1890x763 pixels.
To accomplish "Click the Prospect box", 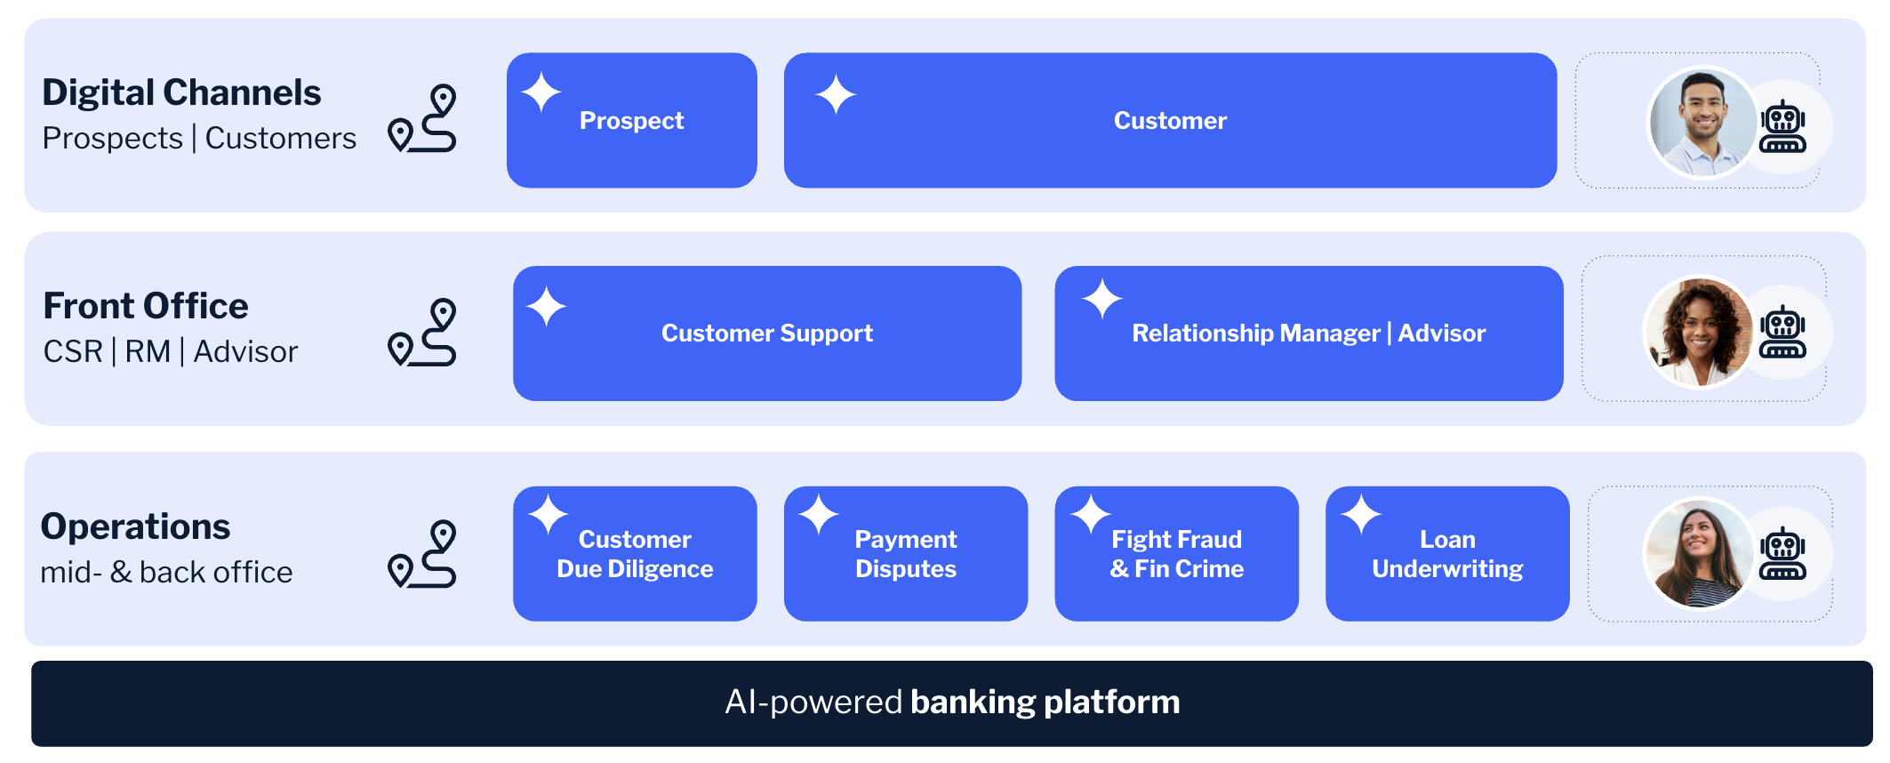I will (632, 121).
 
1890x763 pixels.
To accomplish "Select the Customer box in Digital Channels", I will (1170, 121).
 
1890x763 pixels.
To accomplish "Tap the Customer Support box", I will (767, 333).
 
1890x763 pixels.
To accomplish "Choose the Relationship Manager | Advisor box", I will (1309, 333).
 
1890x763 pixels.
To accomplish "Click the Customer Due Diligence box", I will (635, 554).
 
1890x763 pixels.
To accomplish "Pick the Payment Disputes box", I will (906, 554).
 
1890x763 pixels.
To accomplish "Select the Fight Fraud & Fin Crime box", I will (1176, 554).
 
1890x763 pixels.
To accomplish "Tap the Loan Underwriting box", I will (1447, 554).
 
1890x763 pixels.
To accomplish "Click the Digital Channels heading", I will (181, 92).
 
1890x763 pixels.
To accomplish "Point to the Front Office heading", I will (146, 306).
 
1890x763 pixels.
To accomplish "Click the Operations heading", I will (136, 526).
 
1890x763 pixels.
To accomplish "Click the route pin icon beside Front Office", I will (423, 332).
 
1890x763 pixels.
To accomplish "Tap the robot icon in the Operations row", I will (1782, 554).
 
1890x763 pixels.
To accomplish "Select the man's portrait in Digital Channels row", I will (1702, 123).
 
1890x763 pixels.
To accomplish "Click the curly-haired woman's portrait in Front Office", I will (1699, 333).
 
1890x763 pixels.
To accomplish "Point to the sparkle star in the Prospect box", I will (541, 92).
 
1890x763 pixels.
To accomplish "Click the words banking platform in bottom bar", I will (1045, 703).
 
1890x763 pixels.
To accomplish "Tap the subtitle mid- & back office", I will (166, 573).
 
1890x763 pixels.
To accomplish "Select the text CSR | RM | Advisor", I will (170, 352).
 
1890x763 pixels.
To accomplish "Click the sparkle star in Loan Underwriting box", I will (1360, 514).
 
